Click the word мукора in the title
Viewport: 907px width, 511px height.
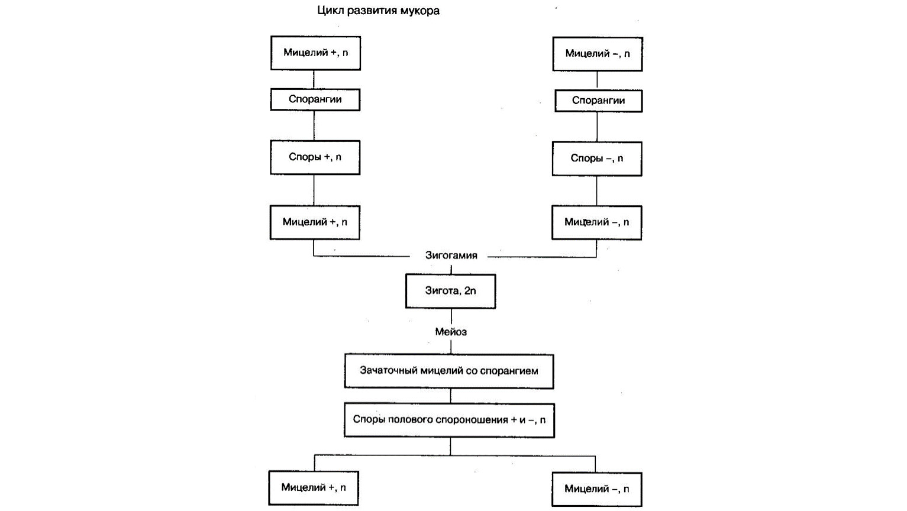[419, 11]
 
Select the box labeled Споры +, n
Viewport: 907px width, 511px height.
[315, 157]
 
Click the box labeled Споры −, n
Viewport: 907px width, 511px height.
[597, 159]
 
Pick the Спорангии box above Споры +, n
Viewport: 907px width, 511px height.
[315, 99]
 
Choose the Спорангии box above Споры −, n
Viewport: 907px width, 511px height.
[599, 101]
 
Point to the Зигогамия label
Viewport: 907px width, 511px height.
[451, 256]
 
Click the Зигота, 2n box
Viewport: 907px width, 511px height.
[451, 291]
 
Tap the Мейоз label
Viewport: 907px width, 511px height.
[451, 332]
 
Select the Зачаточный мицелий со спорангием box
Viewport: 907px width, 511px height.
[449, 371]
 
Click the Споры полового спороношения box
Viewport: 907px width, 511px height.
[450, 421]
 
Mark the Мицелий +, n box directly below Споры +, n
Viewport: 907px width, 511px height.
[315, 222]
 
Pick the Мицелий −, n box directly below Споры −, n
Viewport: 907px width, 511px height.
[597, 223]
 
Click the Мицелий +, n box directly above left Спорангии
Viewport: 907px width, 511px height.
[315, 53]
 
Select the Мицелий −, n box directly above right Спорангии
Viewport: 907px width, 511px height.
[598, 54]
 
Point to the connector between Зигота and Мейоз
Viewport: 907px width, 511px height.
[451, 316]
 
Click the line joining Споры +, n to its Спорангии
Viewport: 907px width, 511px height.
[314, 125]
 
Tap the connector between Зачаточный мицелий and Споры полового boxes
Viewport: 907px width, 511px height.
[451, 396]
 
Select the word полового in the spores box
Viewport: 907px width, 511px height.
[407, 420]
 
